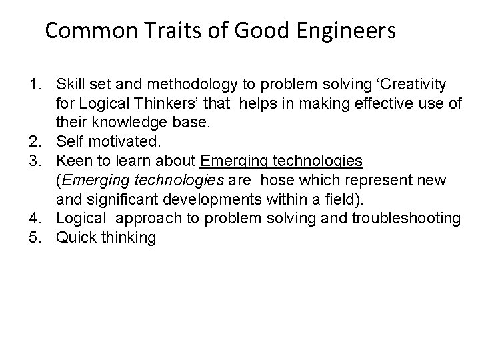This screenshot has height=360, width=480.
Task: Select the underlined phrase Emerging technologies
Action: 281,161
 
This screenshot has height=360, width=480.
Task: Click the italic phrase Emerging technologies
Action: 142,180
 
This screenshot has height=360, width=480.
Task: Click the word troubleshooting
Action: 405,218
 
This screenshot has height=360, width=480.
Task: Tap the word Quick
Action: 75,237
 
